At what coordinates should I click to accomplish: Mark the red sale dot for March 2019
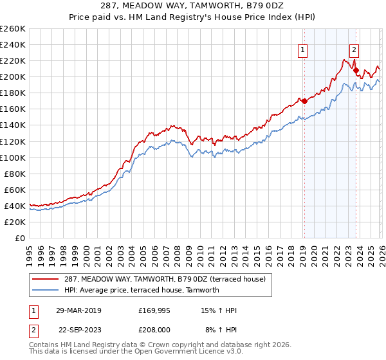tap(304, 101)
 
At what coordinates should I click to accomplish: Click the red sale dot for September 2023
tap(356, 70)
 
